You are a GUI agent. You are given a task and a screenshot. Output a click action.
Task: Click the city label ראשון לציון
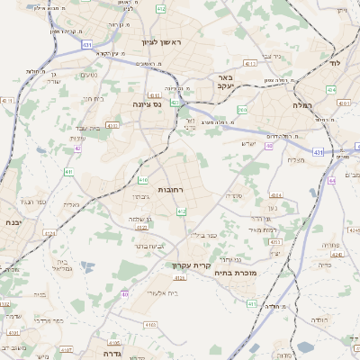tap(161, 42)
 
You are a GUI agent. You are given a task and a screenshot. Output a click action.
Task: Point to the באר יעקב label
tap(225, 84)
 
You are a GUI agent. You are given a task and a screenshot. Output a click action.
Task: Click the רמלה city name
tap(301, 105)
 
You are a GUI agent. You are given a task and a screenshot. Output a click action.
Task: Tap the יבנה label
tap(13, 221)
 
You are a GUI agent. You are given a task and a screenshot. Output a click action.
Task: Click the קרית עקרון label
tap(191, 265)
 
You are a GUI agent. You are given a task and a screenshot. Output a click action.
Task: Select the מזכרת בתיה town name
tap(238, 273)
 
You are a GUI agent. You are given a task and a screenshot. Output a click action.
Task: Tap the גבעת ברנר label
tap(151, 245)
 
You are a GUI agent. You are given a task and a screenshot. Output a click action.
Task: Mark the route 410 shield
tap(143, 180)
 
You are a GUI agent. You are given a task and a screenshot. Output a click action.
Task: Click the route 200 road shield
tap(242, 110)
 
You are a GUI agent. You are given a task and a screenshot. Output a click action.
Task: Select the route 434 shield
tap(330, 90)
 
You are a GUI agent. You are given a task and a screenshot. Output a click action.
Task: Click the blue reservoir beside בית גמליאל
tap(86, 265)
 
